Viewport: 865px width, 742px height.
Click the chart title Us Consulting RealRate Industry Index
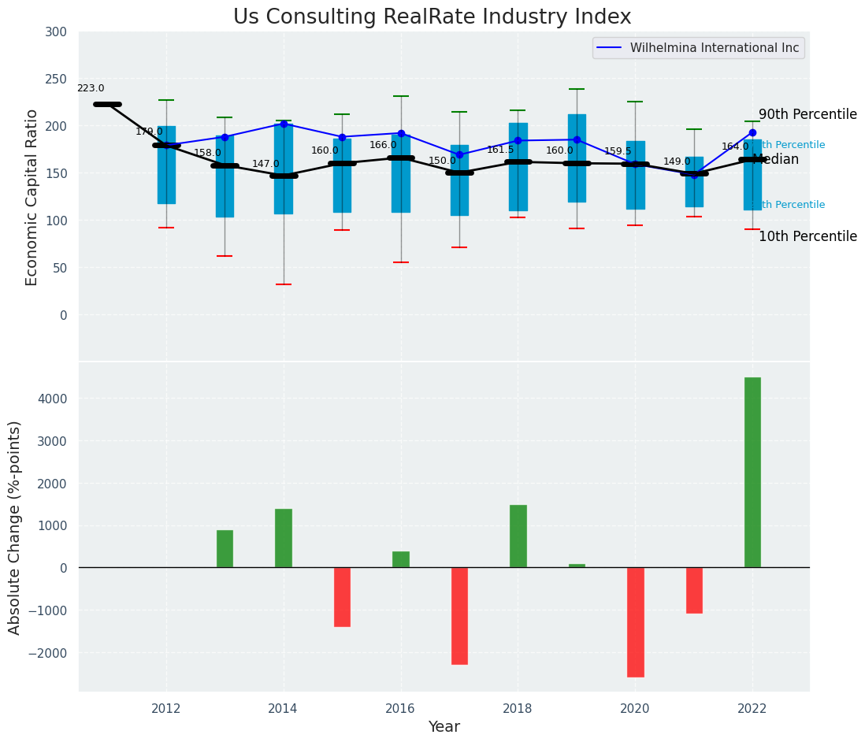click(x=432, y=17)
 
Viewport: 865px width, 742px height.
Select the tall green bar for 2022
click(x=752, y=472)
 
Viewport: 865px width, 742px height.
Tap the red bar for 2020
click(x=635, y=621)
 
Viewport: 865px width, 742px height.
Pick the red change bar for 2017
click(x=459, y=615)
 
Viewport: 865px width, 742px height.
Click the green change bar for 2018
click(x=518, y=536)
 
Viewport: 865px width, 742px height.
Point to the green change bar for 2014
click(x=284, y=538)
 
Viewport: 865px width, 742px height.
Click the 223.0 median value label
click(x=91, y=89)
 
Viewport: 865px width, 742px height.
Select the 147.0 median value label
click(x=265, y=165)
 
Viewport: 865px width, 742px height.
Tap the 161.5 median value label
click(x=500, y=150)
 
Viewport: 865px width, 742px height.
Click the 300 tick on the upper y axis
click(x=62, y=32)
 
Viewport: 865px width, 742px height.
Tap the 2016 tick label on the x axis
click(x=401, y=708)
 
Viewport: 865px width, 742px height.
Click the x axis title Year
click(x=444, y=727)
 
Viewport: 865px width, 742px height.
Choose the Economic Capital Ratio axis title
click(x=32, y=197)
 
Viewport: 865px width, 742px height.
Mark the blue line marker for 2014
click(x=284, y=124)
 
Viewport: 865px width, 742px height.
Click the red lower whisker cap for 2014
click(x=284, y=284)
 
